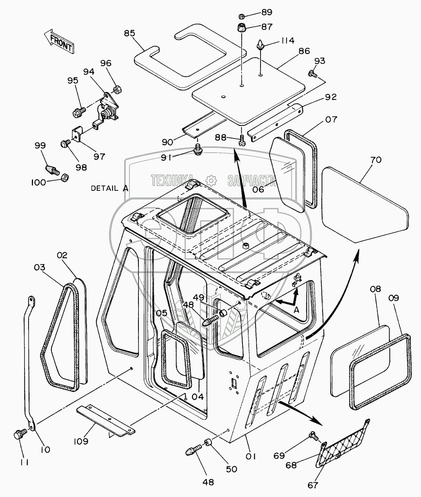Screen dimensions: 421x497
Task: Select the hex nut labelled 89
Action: [242, 16]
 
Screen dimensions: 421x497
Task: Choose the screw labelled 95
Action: [79, 112]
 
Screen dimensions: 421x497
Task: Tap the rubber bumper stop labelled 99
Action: [52, 169]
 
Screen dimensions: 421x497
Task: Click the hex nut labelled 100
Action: [65, 178]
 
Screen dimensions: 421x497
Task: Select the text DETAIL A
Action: [109, 188]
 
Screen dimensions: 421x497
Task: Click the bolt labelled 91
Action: [198, 149]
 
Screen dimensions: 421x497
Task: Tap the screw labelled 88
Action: [241, 140]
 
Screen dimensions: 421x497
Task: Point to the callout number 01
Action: [251, 456]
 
